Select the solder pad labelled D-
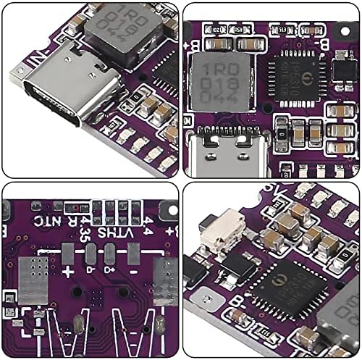click(91, 254)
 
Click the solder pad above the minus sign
click(134, 254)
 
